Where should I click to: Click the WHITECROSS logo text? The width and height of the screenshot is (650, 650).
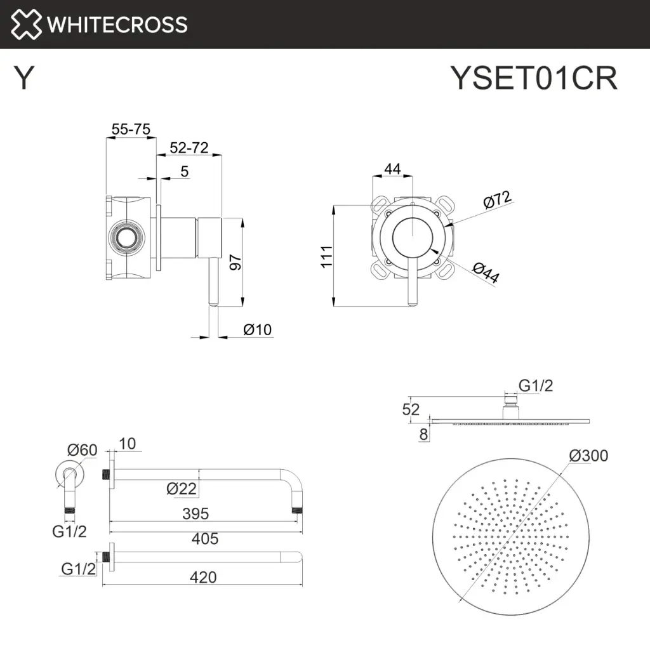117,25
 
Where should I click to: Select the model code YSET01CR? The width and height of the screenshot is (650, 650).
533,79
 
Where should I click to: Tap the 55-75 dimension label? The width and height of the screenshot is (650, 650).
131,129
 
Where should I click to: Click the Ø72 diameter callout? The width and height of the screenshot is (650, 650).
497,201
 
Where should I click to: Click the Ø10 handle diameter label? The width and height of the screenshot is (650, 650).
257,329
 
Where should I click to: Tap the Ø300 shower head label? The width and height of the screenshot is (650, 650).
588,456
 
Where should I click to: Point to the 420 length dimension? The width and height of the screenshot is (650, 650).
202,577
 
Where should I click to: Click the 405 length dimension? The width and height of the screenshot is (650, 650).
204,539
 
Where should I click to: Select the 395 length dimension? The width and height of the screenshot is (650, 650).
195,514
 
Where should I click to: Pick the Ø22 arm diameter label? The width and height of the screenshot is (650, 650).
182,489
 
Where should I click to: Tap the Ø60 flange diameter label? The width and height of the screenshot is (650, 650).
82,450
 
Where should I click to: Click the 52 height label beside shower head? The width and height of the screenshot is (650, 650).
411,409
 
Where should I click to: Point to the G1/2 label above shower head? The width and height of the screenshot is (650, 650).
536,385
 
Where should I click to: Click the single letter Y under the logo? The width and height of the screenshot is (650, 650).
23,79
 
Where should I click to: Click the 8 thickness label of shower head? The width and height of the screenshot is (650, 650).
423,434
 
